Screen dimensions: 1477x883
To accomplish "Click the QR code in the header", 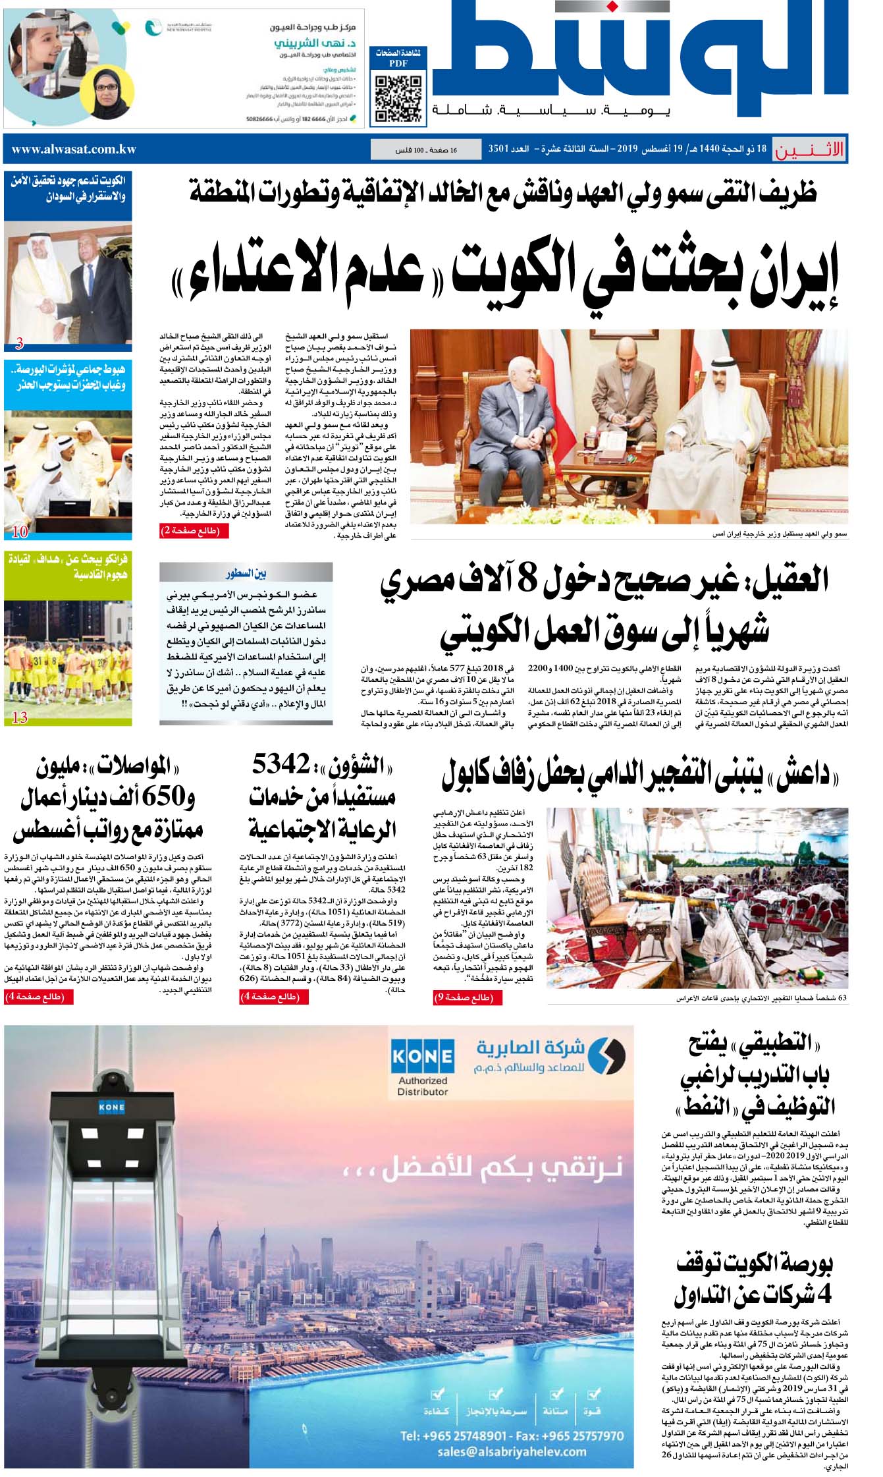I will [x=398, y=99].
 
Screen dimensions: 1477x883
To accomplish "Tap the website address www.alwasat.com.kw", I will [x=74, y=149].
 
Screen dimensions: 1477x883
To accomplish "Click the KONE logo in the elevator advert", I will [x=422, y=1057].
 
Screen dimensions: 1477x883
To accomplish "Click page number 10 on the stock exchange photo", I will [x=20, y=531].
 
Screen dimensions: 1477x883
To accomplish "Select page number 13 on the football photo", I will [x=20, y=718].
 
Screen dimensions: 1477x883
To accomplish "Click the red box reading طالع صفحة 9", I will [x=464, y=998].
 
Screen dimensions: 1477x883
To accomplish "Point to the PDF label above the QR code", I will [x=398, y=64].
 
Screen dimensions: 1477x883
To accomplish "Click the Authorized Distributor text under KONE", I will [x=422, y=1086].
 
